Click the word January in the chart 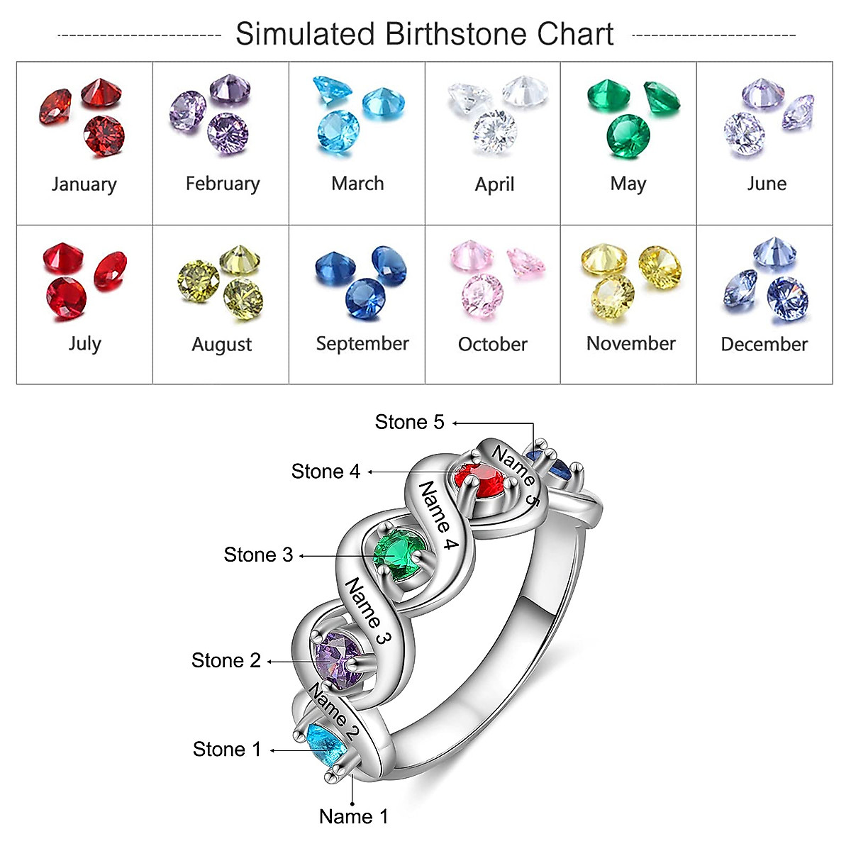pyautogui.click(x=84, y=184)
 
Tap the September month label pyautogui.click(x=362, y=344)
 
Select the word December pyautogui.click(x=764, y=345)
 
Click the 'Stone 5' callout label pyautogui.click(x=409, y=423)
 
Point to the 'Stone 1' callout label pyautogui.click(x=227, y=750)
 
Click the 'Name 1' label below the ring pyautogui.click(x=353, y=817)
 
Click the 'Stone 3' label pyautogui.click(x=258, y=555)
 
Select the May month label pyautogui.click(x=628, y=184)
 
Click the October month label pyautogui.click(x=492, y=345)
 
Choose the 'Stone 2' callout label pyautogui.click(x=226, y=661)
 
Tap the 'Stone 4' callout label pyautogui.click(x=326, y=472)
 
